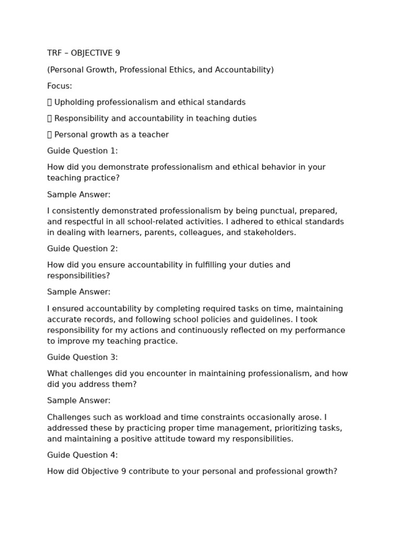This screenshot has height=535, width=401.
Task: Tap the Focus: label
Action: point(60,86)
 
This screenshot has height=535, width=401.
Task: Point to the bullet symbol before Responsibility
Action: point(50,119)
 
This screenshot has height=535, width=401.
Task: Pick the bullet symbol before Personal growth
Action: point(50,135)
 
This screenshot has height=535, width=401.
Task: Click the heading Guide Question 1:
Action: point(82,151)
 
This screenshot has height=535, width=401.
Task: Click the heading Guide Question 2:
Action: point(82,249)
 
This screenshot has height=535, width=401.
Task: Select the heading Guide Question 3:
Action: point(82,357)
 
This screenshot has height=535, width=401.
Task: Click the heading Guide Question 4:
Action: point(82,455)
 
